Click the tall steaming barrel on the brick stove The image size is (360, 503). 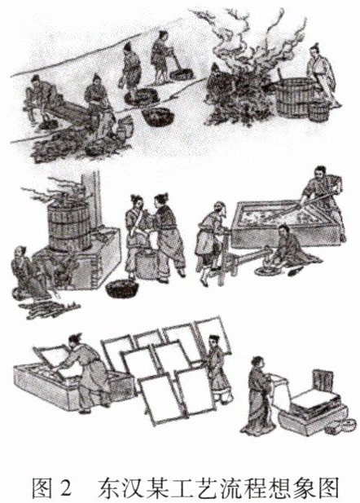tap(68, 226)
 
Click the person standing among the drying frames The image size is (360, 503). tap(219, 369)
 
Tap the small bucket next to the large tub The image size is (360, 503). tap(318, 111)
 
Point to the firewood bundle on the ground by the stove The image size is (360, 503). tap(48, 309)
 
